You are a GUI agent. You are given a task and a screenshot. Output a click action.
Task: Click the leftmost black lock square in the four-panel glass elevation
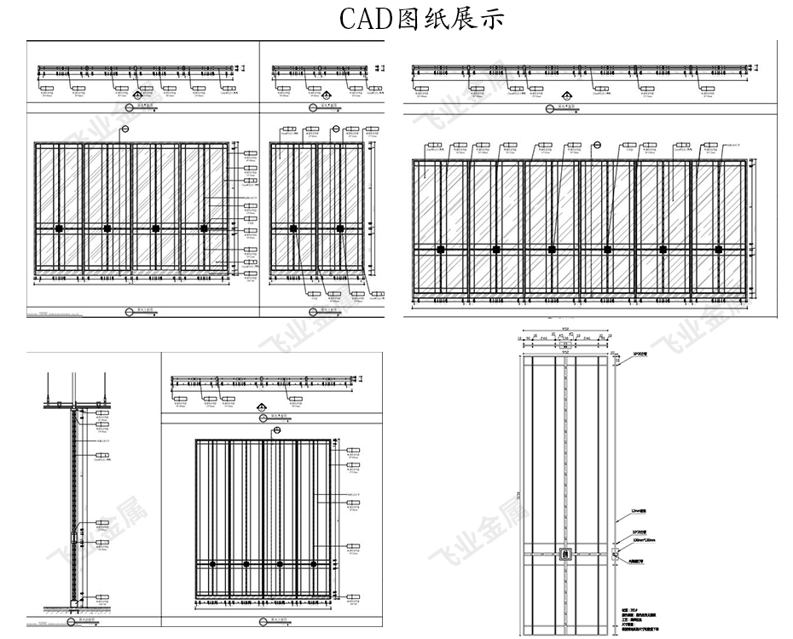pyautogui.click(x=59, y=228)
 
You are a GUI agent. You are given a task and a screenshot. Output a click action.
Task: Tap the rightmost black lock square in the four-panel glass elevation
pyautogui.click(x=204, y=228)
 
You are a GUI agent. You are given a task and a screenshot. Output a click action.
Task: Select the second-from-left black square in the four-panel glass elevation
pyautogui.click(x=107, y=228)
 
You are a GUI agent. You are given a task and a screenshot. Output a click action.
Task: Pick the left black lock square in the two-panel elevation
pyautogui.click(x=293, y=228)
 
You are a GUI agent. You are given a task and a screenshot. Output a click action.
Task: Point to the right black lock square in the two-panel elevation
pyautogui.click(x=340, y=228)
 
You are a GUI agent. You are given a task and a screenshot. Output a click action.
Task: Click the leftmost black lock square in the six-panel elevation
pyautogui.click(x=441, y=249)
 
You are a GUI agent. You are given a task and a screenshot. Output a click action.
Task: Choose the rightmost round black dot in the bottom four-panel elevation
pyautogui.click(x=314, y=564)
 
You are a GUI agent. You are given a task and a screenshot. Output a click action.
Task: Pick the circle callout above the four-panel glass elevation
pyautogui.click(x=124, y=129)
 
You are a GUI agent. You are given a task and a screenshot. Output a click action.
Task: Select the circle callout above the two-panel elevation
pyautogui.click(x=335, y=130)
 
